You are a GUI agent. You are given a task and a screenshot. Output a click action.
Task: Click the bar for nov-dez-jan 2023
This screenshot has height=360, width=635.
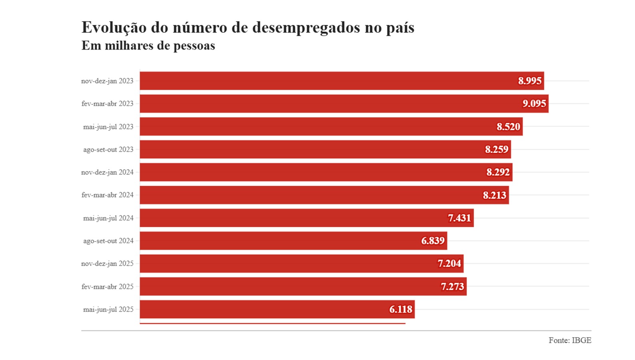[328, 81]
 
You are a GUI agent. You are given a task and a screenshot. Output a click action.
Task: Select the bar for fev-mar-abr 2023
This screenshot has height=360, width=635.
[328, 104]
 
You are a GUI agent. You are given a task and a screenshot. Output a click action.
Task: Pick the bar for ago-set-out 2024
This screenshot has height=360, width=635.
[280, 241]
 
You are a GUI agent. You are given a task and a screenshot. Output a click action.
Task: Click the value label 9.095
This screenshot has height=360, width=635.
[534, 104]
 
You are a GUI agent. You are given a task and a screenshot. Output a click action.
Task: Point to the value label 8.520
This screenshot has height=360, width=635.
[508, 127]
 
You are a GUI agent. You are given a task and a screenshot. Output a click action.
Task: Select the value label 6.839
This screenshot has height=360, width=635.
[433, 241]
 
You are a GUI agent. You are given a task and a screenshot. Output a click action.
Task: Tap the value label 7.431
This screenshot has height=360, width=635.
[459, 218]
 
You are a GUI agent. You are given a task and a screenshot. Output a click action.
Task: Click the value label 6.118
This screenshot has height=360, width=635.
[401, 309]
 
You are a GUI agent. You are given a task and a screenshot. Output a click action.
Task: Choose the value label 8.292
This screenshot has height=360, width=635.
[498, 172]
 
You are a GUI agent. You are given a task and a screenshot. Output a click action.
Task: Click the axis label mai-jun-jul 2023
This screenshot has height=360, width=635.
[108, 127]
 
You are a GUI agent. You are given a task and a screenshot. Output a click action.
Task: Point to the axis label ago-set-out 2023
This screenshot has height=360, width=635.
[108, 150]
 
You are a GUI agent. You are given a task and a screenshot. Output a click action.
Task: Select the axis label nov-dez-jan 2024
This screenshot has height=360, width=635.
[107, 172]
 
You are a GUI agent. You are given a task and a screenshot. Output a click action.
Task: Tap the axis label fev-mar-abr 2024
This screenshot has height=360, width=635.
[107, 195]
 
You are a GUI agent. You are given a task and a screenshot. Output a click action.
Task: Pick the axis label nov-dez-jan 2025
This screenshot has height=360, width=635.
[107, 264]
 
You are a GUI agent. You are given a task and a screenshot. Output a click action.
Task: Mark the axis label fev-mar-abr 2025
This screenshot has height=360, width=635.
[107, 286]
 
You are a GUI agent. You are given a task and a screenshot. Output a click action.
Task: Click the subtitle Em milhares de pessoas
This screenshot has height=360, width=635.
[148, 46]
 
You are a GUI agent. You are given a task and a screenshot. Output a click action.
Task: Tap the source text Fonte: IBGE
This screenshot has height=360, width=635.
[569, 340]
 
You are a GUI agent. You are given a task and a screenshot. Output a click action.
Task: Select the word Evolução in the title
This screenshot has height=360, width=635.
[114, 28]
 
